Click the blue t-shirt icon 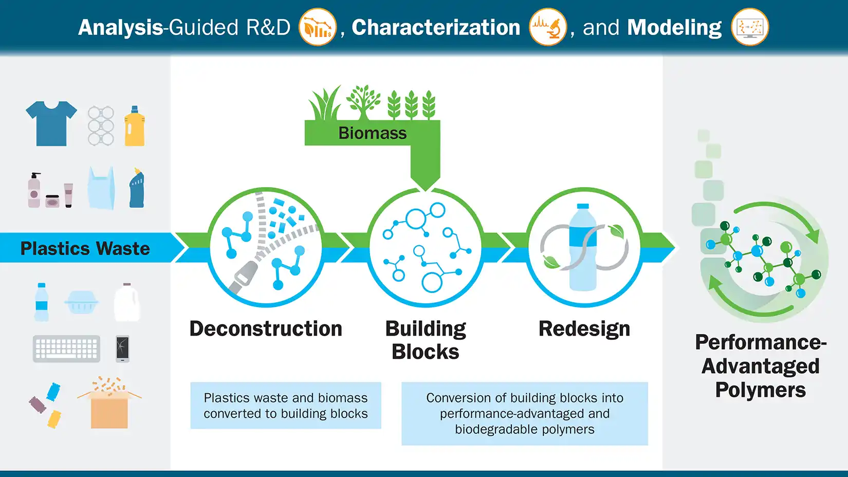click(51, 123)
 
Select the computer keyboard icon click(66, 349)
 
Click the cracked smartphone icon click(122, 348)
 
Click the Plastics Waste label click(85, 248)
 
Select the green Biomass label click(372, 133)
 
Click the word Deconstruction click(266, 329)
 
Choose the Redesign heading click(584, 329)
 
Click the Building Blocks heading click(426, 340)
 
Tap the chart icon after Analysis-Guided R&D click(318, 27)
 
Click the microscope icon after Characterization click(548, 27)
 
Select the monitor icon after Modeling click(749, 27)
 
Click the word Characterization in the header click(436, 27)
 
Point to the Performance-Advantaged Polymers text click(761, 366)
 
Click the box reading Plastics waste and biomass click(286, 406)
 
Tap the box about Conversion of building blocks click(525, 413)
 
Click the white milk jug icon click(127, 303)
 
